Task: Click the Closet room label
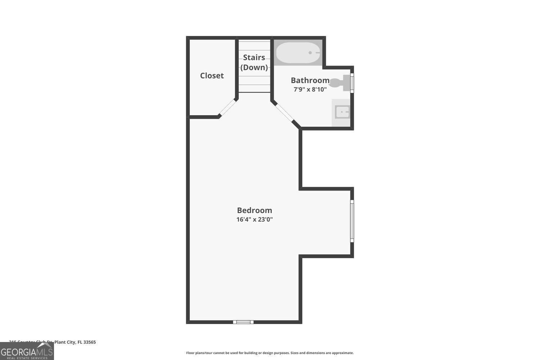212,76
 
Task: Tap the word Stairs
254,57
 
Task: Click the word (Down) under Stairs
254,67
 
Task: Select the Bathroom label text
310,80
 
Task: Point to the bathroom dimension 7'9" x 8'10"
310,89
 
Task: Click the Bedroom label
254,210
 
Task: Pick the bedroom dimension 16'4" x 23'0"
254,219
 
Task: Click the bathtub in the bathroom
297,53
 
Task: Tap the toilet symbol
339,83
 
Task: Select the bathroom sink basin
342,112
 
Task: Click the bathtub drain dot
310,53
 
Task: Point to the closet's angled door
228,107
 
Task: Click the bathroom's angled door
283,112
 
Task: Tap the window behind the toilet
352,83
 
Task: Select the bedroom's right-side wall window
352,221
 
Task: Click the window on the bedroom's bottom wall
243,322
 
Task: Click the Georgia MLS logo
27,351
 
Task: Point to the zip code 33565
90,342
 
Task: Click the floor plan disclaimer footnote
270,353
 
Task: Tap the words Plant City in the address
65,342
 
